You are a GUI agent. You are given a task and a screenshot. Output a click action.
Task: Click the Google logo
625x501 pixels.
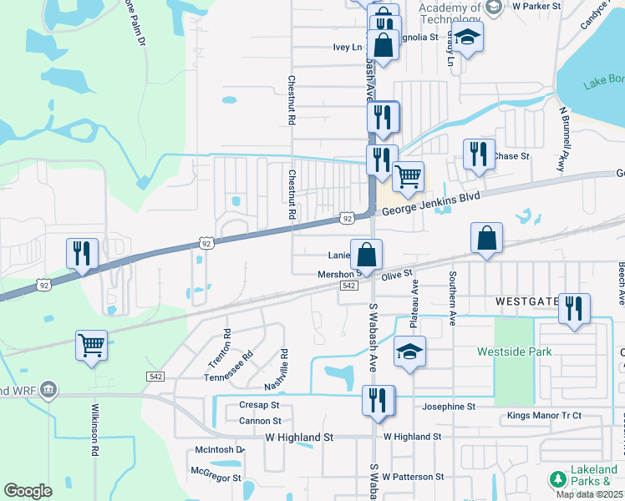click(28, 491)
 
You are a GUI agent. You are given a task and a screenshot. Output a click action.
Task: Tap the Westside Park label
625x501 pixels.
click(515, 352)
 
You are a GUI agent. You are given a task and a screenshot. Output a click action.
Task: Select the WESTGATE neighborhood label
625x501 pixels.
click(527, 301)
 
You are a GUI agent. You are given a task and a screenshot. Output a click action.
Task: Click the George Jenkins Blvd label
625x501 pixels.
click(432, 205)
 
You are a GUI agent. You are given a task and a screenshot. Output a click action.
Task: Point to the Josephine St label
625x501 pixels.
click(448, 407)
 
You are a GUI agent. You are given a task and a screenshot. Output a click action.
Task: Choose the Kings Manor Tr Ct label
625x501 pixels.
click(543, 416)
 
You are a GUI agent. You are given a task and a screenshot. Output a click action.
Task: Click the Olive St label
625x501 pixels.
click(398, 274)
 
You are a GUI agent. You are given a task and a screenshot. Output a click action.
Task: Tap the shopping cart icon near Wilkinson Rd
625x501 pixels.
click(91, 344)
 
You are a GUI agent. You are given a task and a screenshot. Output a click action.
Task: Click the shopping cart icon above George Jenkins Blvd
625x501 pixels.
click(408, 175)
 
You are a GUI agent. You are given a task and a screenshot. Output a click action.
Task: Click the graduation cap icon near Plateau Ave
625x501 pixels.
click(409, 351)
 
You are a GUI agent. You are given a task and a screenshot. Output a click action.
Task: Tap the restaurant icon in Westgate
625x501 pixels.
click(574, 307)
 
